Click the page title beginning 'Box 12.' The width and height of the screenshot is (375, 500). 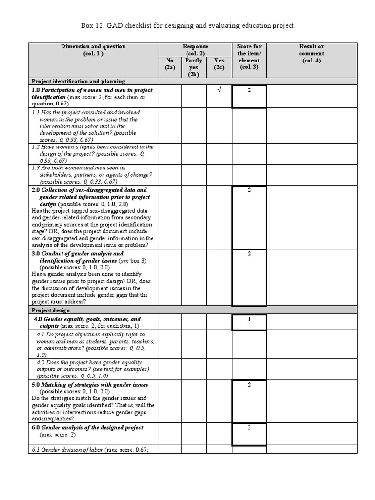point(187,25)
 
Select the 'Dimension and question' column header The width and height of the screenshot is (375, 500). point(93,50)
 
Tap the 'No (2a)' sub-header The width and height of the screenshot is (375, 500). point(169,64)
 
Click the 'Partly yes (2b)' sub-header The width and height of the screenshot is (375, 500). point(193,67)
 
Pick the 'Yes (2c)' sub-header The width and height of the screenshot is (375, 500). point(219,64)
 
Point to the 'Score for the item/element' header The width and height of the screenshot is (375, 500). point(249,57)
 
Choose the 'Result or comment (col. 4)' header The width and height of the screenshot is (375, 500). point(312,53)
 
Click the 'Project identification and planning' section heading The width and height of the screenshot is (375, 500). point(79,81)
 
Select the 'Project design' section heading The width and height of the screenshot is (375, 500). point(51,310)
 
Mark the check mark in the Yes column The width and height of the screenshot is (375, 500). point(219,91)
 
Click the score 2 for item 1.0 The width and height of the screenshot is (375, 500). point(249,91)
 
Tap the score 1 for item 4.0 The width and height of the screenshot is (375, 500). point(249,319)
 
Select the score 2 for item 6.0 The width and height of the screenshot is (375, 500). point(249,428)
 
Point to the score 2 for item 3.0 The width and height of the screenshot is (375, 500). point(249,254)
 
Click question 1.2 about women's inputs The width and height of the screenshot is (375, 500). point(93,153)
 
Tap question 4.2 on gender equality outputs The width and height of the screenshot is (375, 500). point(93,369)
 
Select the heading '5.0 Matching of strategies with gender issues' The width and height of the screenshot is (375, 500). point(90,385)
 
